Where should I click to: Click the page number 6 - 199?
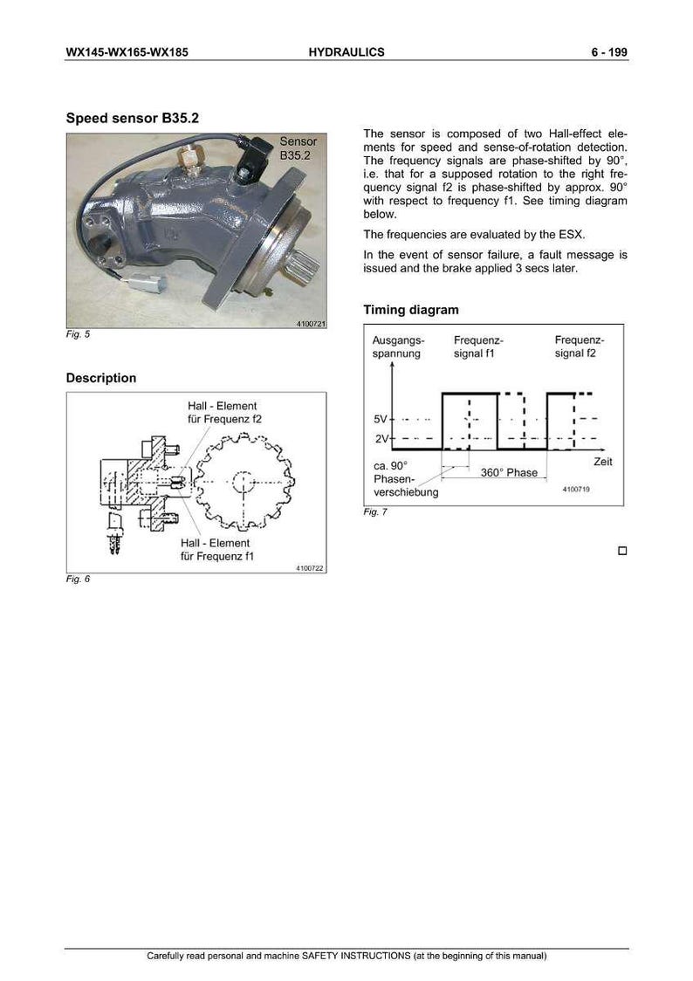pos(609,52)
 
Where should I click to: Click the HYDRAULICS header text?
pos(346,52)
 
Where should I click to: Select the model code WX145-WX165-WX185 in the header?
pos(127,52)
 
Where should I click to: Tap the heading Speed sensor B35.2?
pos(133,118)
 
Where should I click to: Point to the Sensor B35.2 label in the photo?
pos(298,148)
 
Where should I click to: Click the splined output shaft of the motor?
pos(305,263)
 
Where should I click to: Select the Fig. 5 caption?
pos(79,334)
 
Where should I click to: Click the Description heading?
pos(100,378)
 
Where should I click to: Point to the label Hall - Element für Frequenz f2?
pos(224,412)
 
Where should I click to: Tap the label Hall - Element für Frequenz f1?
pos(217,550)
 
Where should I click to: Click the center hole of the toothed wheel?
pos(242,483)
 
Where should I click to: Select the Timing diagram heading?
pos(411,310)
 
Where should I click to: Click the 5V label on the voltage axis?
pos(381,419)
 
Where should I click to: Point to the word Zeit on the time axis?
pos(603,462)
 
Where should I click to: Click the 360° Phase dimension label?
pos(509,473)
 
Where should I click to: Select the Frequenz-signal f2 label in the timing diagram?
pos(579,346)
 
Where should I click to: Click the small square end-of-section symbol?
pos(622,551)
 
